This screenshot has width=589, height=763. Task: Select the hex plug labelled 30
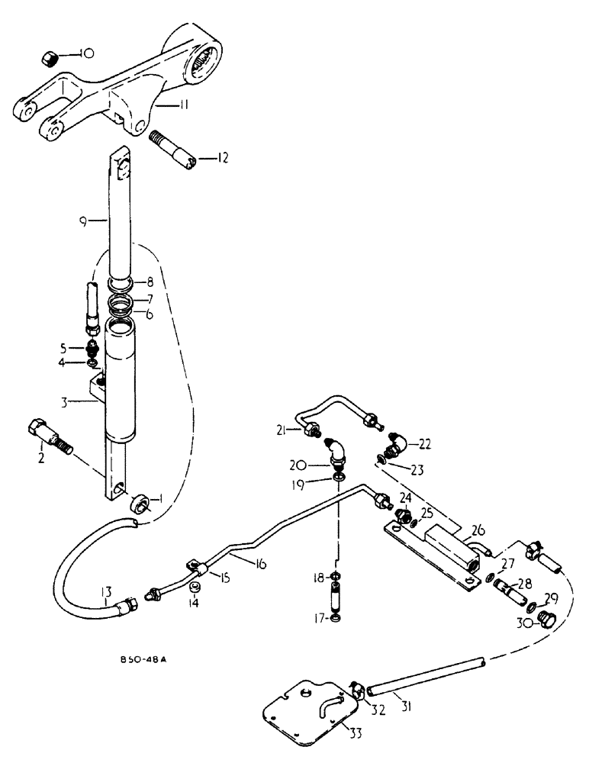pyautogui.click(x=546, y=620)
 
